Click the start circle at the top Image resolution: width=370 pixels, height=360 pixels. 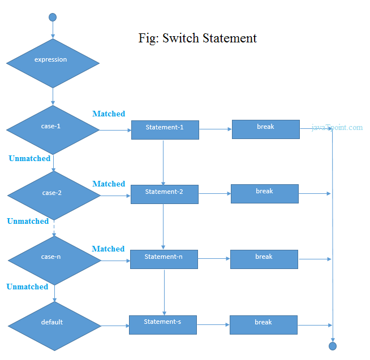53,17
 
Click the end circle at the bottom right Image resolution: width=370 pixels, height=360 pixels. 333,346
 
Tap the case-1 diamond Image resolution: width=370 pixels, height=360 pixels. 53,129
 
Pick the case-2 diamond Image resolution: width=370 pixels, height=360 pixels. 53,195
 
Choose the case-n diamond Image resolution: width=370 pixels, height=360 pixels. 54,260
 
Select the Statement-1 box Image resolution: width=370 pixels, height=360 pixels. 165,129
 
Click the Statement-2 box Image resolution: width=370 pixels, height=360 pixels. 164,194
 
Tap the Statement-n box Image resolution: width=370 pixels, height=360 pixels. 164,259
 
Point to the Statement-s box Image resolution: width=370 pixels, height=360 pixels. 162,324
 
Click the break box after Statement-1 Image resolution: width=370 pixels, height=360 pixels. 265,129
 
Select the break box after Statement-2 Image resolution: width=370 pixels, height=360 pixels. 264,193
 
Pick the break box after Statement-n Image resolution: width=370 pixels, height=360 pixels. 264,259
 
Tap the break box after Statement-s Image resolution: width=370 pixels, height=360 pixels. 263,324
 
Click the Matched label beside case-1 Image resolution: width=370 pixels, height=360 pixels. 109,114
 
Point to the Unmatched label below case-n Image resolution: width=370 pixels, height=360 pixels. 27,287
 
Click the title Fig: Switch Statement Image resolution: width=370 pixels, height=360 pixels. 197,38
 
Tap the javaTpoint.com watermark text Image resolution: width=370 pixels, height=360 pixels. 337,127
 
